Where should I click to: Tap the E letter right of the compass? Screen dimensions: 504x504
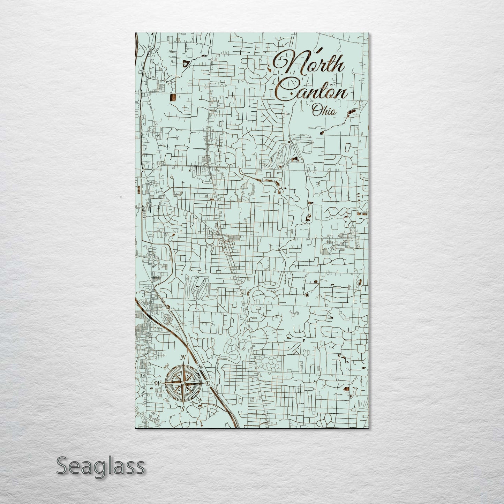point(208,383)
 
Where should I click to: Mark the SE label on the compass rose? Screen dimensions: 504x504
point(200,401)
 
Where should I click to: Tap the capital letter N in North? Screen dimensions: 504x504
point(286,63)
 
